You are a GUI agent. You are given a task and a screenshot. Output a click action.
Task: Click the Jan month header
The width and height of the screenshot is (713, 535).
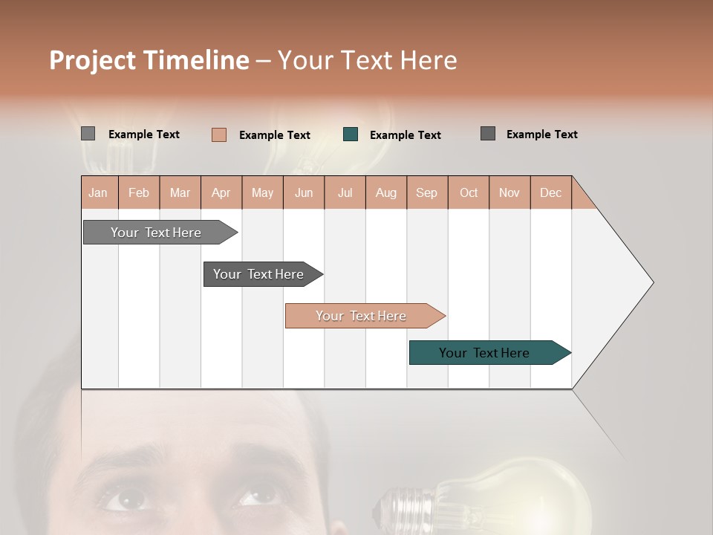(98, 192)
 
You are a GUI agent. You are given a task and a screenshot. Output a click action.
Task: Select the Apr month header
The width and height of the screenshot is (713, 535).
(221, 192)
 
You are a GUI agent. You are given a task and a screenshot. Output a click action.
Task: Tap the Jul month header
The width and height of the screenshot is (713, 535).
(345, 192)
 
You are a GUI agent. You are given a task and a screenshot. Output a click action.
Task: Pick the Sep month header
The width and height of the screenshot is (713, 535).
(426, 192)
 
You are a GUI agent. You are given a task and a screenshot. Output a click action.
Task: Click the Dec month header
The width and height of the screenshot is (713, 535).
(550, 192)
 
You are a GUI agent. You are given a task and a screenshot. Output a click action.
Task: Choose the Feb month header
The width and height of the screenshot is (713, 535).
(139, 192)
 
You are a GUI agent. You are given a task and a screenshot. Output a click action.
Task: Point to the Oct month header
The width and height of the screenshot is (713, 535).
(469, 192)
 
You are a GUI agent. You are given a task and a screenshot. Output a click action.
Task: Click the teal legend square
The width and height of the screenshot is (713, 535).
(351, 134)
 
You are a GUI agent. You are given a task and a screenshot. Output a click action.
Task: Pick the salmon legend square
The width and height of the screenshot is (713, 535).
(219, 134)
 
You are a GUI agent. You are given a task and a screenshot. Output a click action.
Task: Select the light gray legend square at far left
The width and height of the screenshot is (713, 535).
(88, 134)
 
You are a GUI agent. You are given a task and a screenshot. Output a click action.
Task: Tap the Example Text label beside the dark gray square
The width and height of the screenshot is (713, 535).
(541, 134)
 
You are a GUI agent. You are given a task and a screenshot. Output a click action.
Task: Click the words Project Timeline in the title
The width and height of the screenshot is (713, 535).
(149, 60)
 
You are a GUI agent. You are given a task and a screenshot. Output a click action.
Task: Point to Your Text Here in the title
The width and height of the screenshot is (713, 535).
(367, 60)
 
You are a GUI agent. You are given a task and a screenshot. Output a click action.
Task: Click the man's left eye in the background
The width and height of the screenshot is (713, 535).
(123, 498)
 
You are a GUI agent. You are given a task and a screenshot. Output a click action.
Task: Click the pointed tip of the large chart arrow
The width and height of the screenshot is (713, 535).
(652, 282)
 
